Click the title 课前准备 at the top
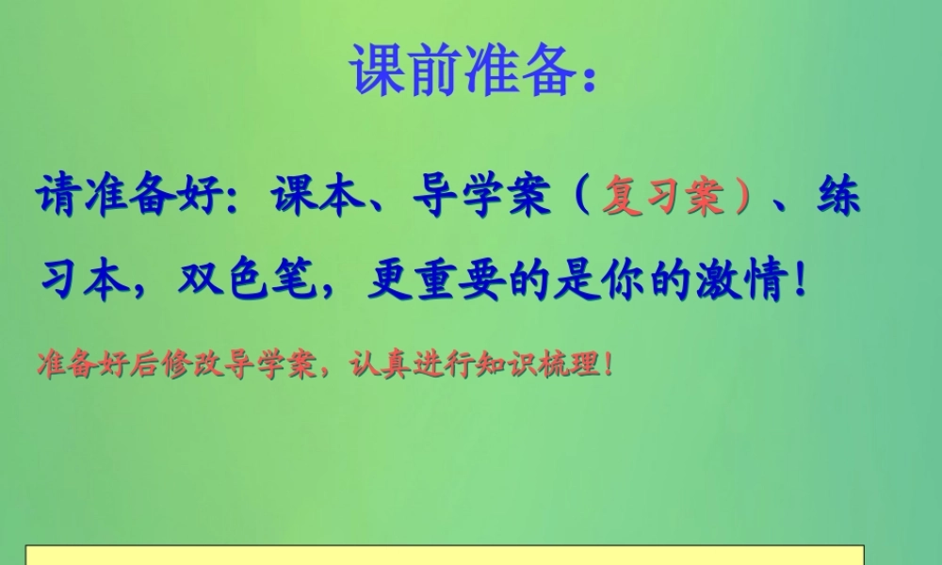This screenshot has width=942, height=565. [x=462, y=67]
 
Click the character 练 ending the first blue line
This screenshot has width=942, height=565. [x=838, y=197]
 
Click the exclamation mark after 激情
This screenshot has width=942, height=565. [x=801, y=280]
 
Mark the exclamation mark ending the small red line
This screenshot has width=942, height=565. [x=607, y=363]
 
